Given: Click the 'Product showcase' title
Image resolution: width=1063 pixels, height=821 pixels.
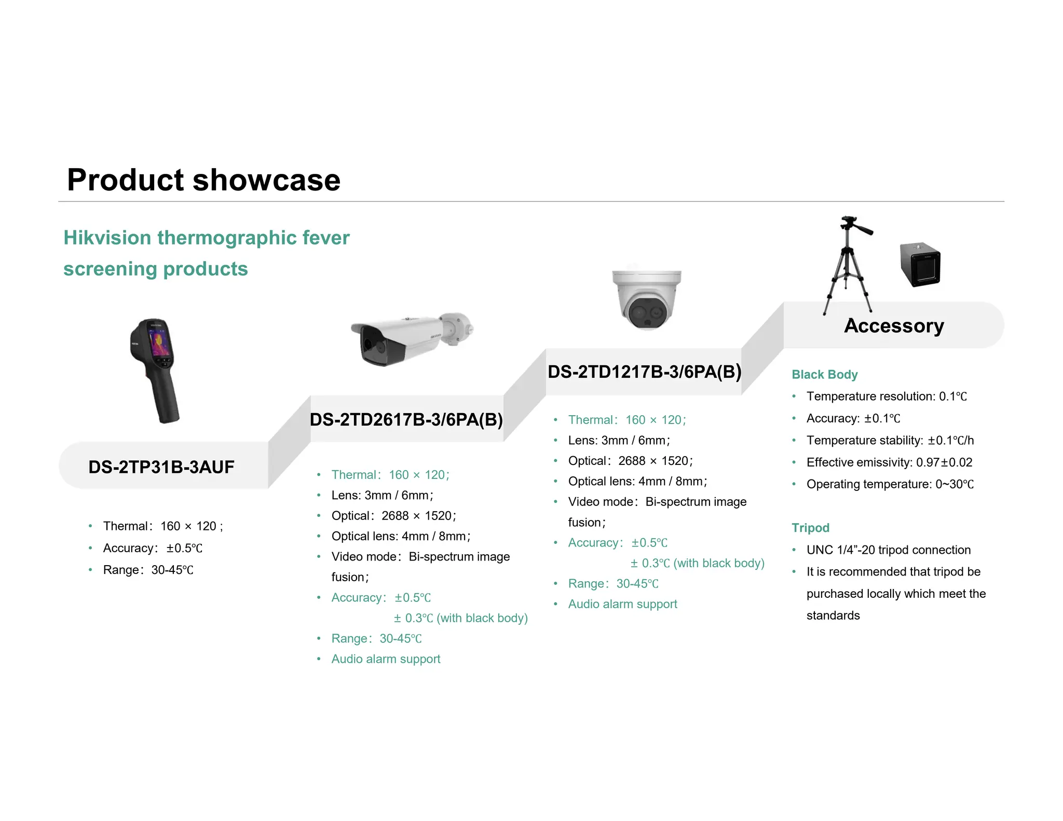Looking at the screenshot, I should pos(203,180).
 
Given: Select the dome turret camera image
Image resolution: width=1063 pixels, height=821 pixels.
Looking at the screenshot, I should pos(646,299).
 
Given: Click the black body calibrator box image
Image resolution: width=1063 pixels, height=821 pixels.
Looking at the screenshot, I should pos(920,264).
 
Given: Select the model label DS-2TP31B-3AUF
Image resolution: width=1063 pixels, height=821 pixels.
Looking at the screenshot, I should pos(161,467).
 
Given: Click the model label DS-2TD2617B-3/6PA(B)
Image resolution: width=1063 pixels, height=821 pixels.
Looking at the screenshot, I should pos(406,419).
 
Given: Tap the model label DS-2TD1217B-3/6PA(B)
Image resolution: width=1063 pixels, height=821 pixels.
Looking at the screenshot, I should pos(644,372).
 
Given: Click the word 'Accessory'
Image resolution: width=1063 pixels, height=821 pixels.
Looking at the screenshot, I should pos(894,325).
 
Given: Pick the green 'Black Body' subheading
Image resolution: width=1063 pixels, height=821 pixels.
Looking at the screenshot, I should pos(824,374).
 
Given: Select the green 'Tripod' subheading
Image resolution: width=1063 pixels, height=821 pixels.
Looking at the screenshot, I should pos(810,527).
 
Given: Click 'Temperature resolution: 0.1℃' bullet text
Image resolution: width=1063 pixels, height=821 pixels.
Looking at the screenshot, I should pos(887,396).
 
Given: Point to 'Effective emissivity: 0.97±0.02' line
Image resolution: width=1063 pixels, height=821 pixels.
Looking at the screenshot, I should pos(889,462).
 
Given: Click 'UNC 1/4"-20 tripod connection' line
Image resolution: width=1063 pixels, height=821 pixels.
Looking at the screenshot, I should pos(888,550).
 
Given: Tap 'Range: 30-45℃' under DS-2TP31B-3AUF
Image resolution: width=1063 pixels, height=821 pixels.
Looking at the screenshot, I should pos(148,570).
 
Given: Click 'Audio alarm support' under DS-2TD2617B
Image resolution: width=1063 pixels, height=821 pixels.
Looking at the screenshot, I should pos(386,659).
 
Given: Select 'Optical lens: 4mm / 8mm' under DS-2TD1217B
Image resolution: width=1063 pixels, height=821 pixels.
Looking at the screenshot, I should pos(637,481).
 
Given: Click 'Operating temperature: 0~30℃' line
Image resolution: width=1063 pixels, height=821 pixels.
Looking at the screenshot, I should pos(890,484).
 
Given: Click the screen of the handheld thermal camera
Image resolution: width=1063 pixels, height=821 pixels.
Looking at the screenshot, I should pos(159,343).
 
